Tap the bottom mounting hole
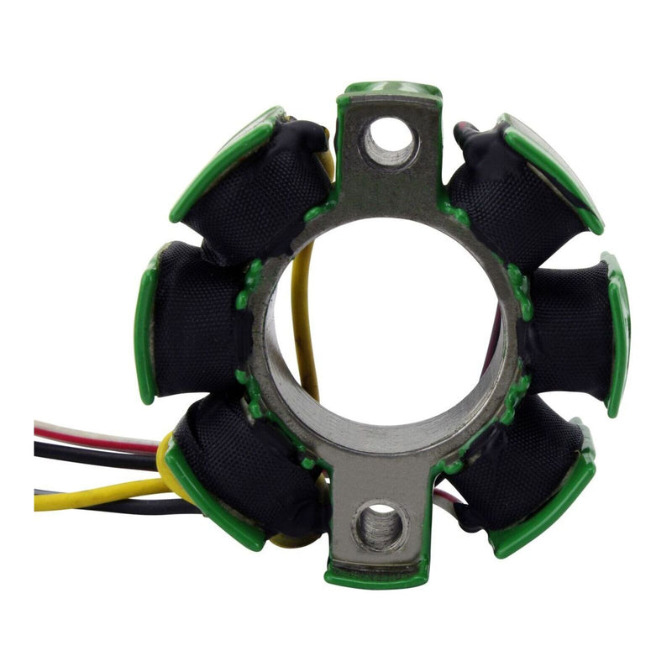[380, 526]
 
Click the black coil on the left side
[197, 323]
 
